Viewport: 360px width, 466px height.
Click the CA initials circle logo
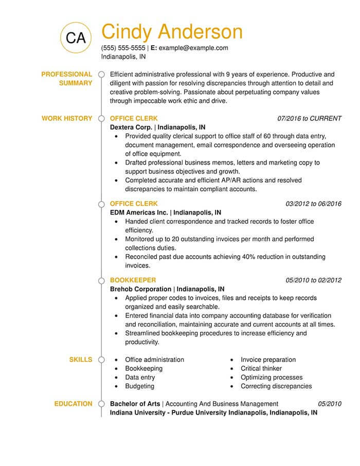76,37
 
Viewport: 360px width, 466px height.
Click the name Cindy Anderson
172,32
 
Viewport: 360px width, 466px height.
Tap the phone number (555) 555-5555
123,48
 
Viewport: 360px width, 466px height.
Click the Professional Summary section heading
67,79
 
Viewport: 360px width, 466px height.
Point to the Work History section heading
67,118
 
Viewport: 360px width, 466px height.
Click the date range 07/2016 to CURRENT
309,118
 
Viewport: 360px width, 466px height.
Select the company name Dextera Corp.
131,127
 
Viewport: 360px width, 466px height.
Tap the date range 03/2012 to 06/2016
313,204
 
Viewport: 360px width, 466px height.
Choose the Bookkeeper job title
133,280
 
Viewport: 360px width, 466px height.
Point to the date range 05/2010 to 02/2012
313,280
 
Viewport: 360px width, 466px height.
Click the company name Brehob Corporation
141,289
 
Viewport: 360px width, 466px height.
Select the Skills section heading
81,360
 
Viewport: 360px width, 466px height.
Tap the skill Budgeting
140,386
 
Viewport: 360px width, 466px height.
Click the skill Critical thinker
261,369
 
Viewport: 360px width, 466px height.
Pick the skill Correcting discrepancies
276,386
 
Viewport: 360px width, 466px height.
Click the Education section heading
74,404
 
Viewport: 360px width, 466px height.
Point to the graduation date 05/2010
330,404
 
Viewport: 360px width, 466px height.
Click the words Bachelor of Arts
135,404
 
